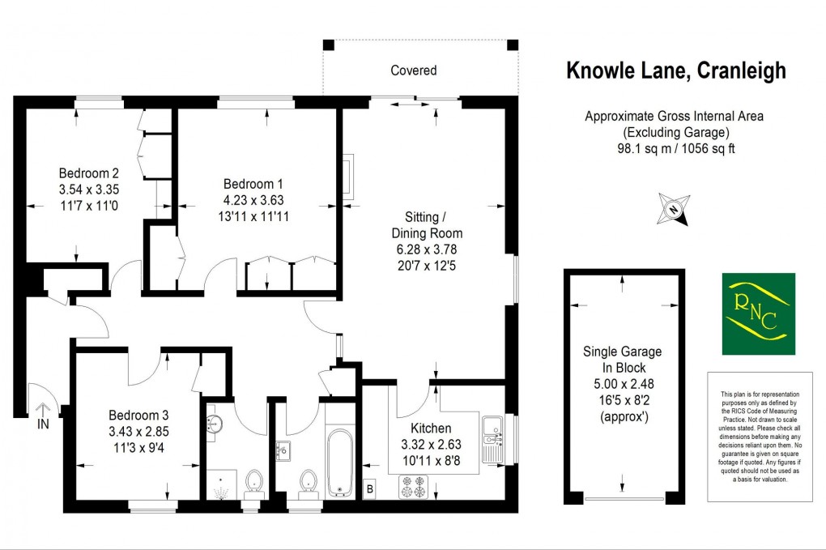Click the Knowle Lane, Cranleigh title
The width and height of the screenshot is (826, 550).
click(675, 71)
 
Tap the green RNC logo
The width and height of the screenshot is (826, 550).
click(758, 313)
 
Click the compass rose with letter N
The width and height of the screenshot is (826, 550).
click(673, 209)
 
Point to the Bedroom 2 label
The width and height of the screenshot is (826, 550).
click(89, 173)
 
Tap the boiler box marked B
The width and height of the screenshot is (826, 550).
click(370, 488)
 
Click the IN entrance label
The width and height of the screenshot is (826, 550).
click(42, 422)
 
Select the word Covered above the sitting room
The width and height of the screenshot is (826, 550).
click(414, 70)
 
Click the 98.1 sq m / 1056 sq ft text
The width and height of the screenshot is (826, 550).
click(675, 148)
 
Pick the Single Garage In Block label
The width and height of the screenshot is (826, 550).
click(622, 360)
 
